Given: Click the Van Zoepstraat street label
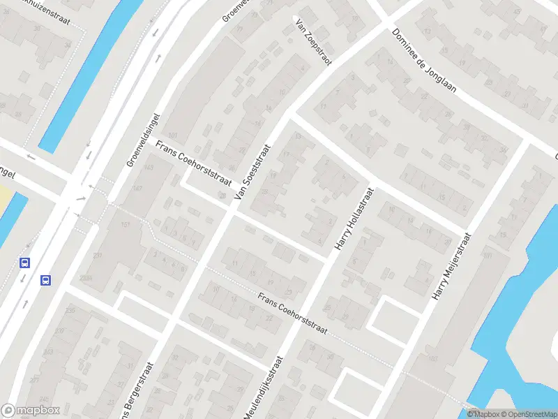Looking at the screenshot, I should pos(314,42).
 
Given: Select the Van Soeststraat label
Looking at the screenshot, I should pos(252,174).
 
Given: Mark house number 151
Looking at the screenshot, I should pos(126,224).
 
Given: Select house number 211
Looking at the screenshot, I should pos(97,257).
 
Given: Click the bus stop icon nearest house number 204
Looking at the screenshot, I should pos(46,281).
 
